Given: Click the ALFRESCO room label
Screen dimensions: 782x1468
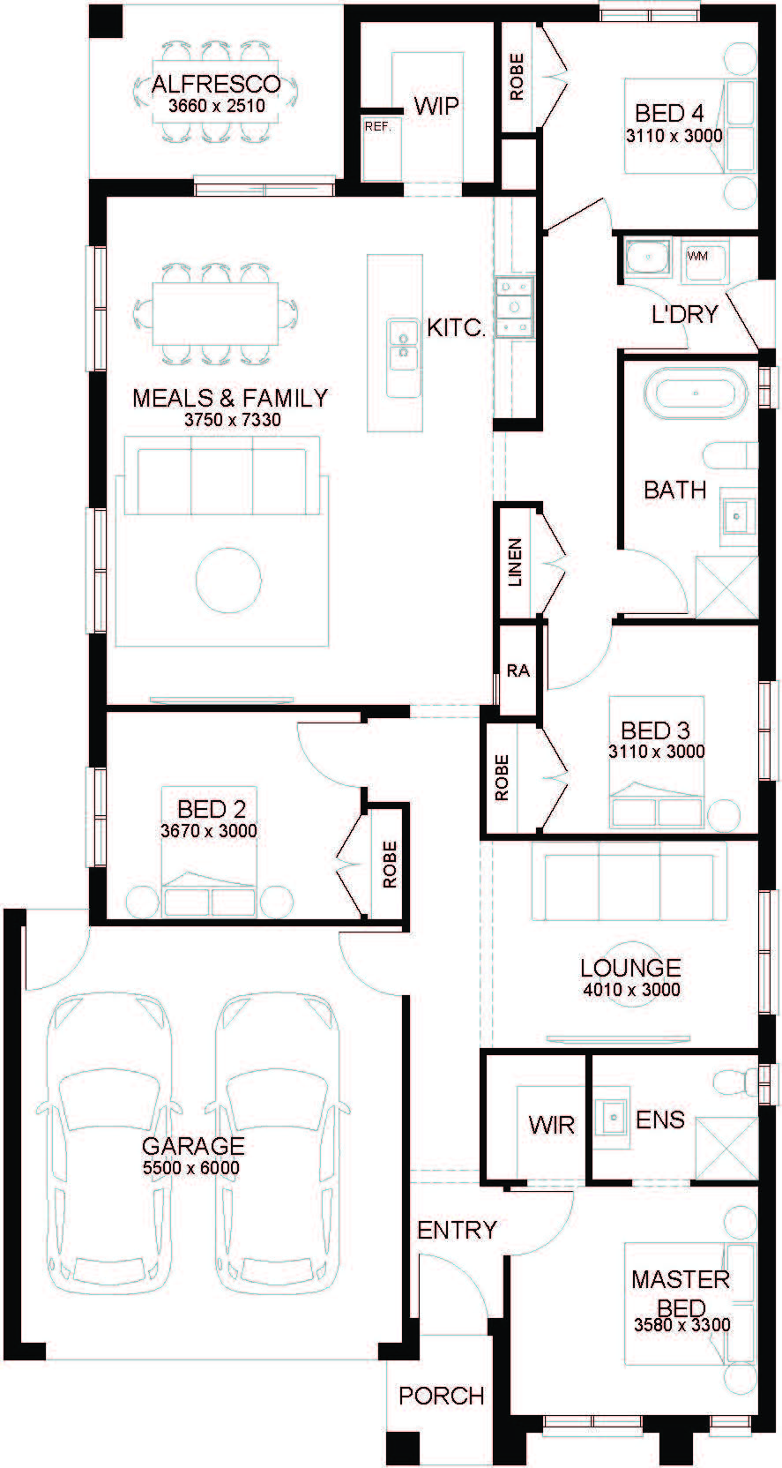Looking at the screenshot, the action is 216,84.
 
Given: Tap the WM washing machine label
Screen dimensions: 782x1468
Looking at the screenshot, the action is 696,256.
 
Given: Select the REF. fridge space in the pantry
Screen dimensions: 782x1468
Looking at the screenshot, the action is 378,147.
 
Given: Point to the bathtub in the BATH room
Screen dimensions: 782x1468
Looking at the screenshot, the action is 696,393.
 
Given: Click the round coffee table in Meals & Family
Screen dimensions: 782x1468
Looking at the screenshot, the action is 228,580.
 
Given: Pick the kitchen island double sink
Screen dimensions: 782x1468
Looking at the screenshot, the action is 402,358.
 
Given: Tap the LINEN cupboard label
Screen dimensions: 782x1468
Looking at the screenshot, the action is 516,562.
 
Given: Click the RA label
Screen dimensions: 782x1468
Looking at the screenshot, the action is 518,670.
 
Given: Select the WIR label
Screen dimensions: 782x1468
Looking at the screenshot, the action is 552,1125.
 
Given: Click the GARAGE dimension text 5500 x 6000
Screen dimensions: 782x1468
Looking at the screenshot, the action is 190,1167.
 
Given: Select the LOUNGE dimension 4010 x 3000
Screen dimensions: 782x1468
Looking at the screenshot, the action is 631,990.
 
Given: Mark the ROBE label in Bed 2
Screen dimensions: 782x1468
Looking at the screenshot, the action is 390,865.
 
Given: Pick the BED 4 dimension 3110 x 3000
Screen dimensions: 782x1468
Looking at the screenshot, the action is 674,136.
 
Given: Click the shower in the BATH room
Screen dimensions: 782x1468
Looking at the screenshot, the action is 726,588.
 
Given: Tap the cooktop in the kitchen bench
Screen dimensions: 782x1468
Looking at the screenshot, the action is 515,307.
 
